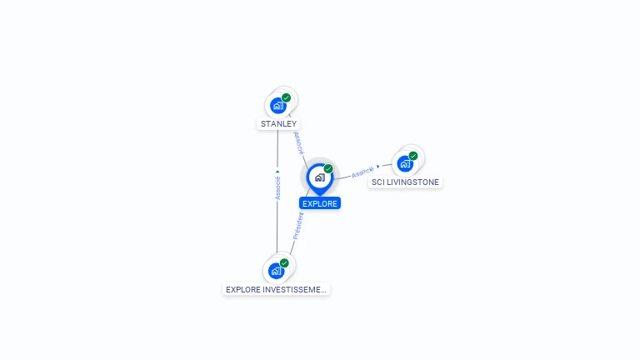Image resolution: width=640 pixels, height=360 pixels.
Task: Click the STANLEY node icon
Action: click(278, 106)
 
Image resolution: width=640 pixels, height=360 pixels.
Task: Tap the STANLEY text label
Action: click(278, 124)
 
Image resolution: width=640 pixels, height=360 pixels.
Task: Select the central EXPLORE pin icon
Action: click(319, 177)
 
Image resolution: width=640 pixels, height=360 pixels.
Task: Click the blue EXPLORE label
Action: click(320, 203)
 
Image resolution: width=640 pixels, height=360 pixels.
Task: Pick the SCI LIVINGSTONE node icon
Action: click(405, 163)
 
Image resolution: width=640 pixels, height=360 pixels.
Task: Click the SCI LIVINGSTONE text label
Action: click(405, 182)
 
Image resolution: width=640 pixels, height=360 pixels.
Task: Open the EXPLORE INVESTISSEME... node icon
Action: click(277, 271)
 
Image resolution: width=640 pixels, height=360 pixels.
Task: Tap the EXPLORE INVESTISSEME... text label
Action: click(277, 290)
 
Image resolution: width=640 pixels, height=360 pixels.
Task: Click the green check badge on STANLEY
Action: click(287, 97)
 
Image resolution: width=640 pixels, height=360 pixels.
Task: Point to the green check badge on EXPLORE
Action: click(328, 168)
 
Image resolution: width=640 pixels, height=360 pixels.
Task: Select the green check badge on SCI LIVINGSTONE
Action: click(413, 156)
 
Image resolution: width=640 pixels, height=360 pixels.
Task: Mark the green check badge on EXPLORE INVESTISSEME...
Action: click(284, 262)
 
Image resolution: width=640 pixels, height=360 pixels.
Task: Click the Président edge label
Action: click(299, 226)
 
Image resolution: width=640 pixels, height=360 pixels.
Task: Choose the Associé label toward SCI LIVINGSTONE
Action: click(362, 172)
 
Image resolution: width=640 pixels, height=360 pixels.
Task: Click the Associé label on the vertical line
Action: click(277, 188)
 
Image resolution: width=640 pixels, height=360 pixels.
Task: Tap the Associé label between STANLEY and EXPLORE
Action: click(298, 142)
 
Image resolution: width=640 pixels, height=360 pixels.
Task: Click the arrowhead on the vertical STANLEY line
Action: click(277, 172)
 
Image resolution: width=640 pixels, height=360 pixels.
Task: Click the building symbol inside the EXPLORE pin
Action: click(319, 177)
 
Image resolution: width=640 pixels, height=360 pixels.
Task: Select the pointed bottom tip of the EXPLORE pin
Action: click(319, 195)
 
